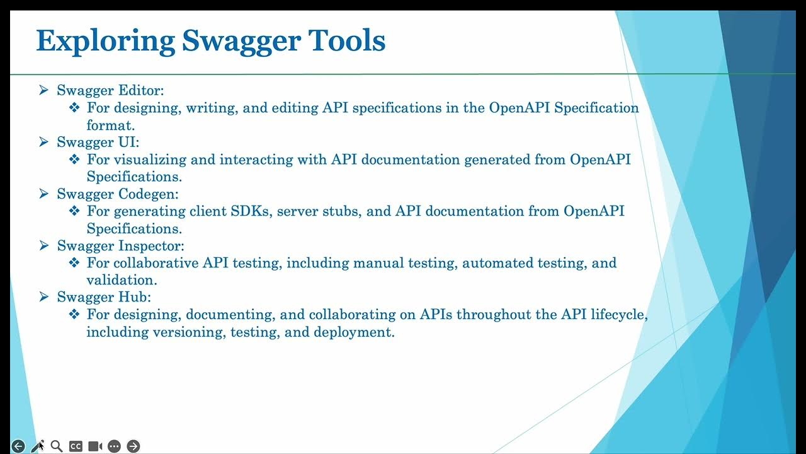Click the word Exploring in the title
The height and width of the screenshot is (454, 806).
[x=105, y=42]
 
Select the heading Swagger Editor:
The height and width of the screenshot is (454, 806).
[x=110, y=91]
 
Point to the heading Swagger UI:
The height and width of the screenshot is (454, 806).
[x=98, y=143]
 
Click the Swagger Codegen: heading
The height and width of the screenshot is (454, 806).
[x=118, y=194]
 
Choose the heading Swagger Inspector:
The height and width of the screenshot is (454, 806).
[x=120, y=246]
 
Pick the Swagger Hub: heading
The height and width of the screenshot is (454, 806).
[x=104, y=297]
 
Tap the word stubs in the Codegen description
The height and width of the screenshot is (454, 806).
[x=341, y=211]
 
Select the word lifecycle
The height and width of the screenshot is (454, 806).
[x=620, y=314]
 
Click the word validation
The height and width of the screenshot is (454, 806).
[x=122, y=280]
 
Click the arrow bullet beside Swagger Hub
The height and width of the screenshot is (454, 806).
[x=44, y=297]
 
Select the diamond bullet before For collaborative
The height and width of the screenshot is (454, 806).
[x=74, y=263]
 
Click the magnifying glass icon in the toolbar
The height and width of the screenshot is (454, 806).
[x=57, y=446]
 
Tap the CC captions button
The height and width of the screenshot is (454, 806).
[x=76, y=446]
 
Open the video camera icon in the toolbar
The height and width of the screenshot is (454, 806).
[x=95, y=446]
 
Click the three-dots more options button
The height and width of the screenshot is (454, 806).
[x=114, y=446]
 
